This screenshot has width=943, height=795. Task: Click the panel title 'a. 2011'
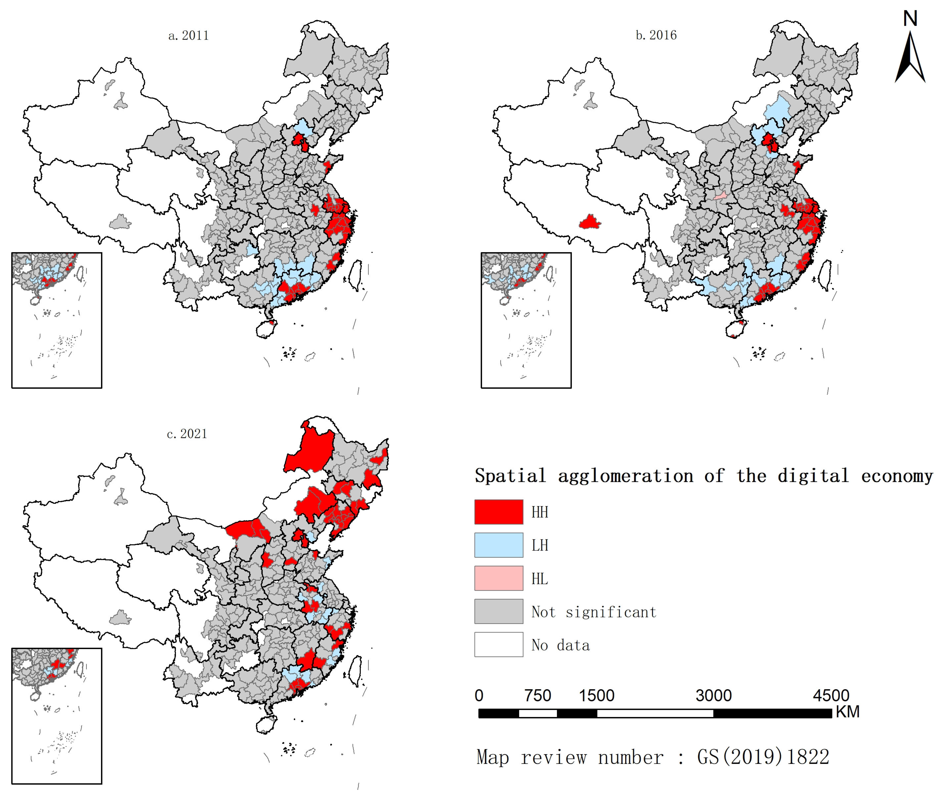click(x=188, y=36)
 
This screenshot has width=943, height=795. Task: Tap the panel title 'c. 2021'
click(x=187, y=434)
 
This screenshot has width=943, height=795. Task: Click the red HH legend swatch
click(x=498, y=512)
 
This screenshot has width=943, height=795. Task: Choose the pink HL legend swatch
click(x=498, y=578)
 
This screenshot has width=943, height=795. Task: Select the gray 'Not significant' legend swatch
click(x=498, y=612)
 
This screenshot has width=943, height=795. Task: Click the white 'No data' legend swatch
click(x=498, y=644)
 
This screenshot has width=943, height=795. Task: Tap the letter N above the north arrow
click(x=910, y=19)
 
